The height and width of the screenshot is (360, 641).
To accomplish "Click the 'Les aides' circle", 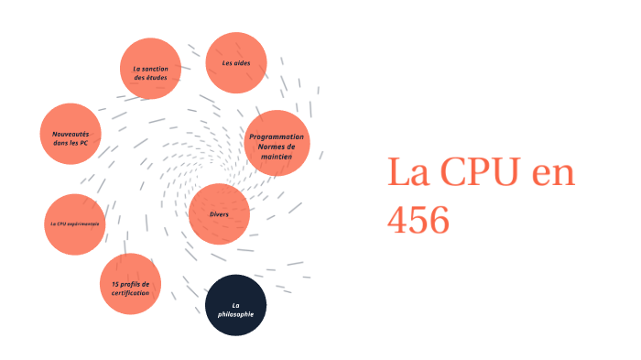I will (x=236, y=63).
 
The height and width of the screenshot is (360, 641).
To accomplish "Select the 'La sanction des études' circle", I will (x=151, y=69).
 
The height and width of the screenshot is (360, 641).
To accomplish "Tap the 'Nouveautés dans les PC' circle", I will (x=71, y=134).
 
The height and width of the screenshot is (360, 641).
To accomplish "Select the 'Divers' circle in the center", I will (x=219, y=214).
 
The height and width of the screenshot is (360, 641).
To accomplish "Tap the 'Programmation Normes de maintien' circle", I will (x=277, y=142).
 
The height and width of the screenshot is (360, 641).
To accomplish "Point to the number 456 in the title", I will (x=418, y=220).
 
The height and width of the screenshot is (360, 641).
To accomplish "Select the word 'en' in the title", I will (x=551, y=172).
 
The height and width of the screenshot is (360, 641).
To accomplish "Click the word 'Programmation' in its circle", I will (x=277, y=136).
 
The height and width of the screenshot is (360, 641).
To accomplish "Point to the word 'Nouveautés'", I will (x=71, y=134).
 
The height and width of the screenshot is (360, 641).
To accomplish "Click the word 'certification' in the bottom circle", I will (x=130, y=293).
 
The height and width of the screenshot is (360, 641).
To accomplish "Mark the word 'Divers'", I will (x=219, y=214).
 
